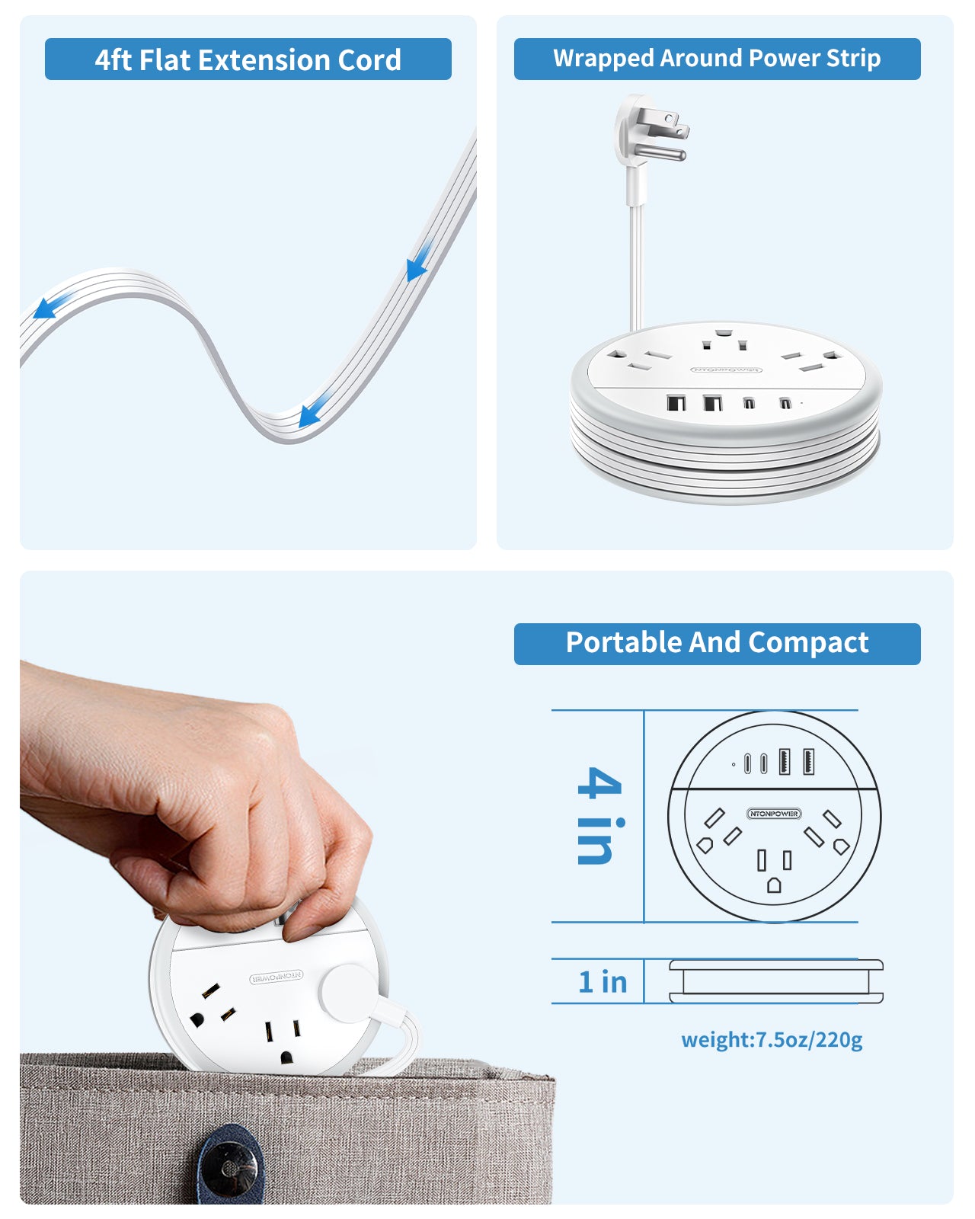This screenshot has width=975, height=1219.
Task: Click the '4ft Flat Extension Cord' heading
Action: (x=248, y=59)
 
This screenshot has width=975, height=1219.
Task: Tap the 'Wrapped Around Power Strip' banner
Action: (x=717, y=59)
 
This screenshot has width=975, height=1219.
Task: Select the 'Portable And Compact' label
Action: (x=717, y=643)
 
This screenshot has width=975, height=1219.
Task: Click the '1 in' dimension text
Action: (x=603, y=982)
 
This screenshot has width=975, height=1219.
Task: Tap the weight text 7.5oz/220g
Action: (x=772, y=1040)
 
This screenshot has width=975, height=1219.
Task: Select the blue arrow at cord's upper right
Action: (x=418, y=262)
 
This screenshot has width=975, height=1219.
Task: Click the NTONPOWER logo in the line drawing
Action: (x=773, y=814)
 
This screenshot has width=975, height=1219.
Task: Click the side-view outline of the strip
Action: (x=775, y=981)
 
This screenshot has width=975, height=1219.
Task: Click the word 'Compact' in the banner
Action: (x=808, y=643)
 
